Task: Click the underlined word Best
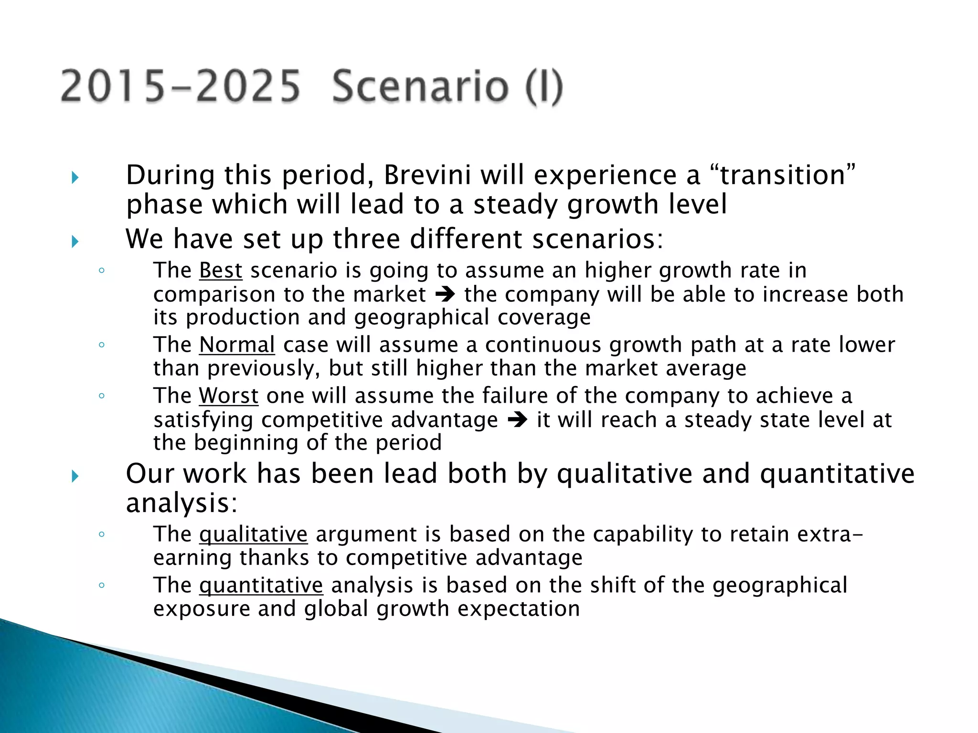click(x=221, y=271)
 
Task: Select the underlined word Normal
click(x=237, y=345)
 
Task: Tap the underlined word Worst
click(x=229, y=396)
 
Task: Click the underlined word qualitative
click(x=253, y=534)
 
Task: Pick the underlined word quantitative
click(x=261, y=586)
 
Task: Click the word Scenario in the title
click(x=420, y=87)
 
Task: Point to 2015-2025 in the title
click(x=181, y=87)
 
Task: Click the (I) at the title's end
click(x=544, y=87)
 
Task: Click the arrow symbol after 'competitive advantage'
click(x=517, y=420)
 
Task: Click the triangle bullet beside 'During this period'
click(x=75, y=178)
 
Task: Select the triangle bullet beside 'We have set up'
click(x=75, y=241)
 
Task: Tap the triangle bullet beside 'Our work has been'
click(x=75, y=476)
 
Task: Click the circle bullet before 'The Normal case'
click(x=101, y=345)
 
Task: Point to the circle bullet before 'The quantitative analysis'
click(x=101, y=585)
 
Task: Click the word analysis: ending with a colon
click(x=181, y=503)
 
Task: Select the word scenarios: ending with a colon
click(x=598, y=239)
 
